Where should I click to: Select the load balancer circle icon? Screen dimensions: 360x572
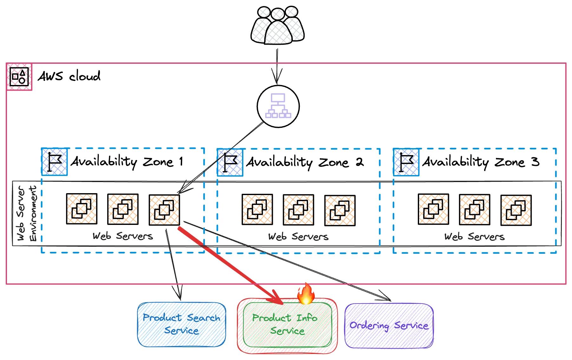278,106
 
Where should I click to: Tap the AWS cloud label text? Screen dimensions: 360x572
69,76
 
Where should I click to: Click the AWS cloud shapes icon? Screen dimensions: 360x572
19,77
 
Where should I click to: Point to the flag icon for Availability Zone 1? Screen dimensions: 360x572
55,162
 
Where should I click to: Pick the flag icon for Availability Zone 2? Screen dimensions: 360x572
230,162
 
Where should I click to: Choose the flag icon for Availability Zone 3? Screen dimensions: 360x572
406,162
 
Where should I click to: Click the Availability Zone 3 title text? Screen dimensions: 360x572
480,162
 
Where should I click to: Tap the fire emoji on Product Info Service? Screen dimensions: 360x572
306,294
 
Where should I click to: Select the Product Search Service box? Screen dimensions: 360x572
181,324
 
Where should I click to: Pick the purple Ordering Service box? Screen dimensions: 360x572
389,326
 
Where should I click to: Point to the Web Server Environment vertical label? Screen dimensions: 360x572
27,213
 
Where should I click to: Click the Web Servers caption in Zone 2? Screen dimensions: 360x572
298,237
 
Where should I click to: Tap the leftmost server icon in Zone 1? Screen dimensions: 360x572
82,209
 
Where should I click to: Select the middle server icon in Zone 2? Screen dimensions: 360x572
298,210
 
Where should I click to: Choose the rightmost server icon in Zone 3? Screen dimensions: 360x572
516,210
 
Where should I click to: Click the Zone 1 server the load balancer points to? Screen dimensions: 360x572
164,210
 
